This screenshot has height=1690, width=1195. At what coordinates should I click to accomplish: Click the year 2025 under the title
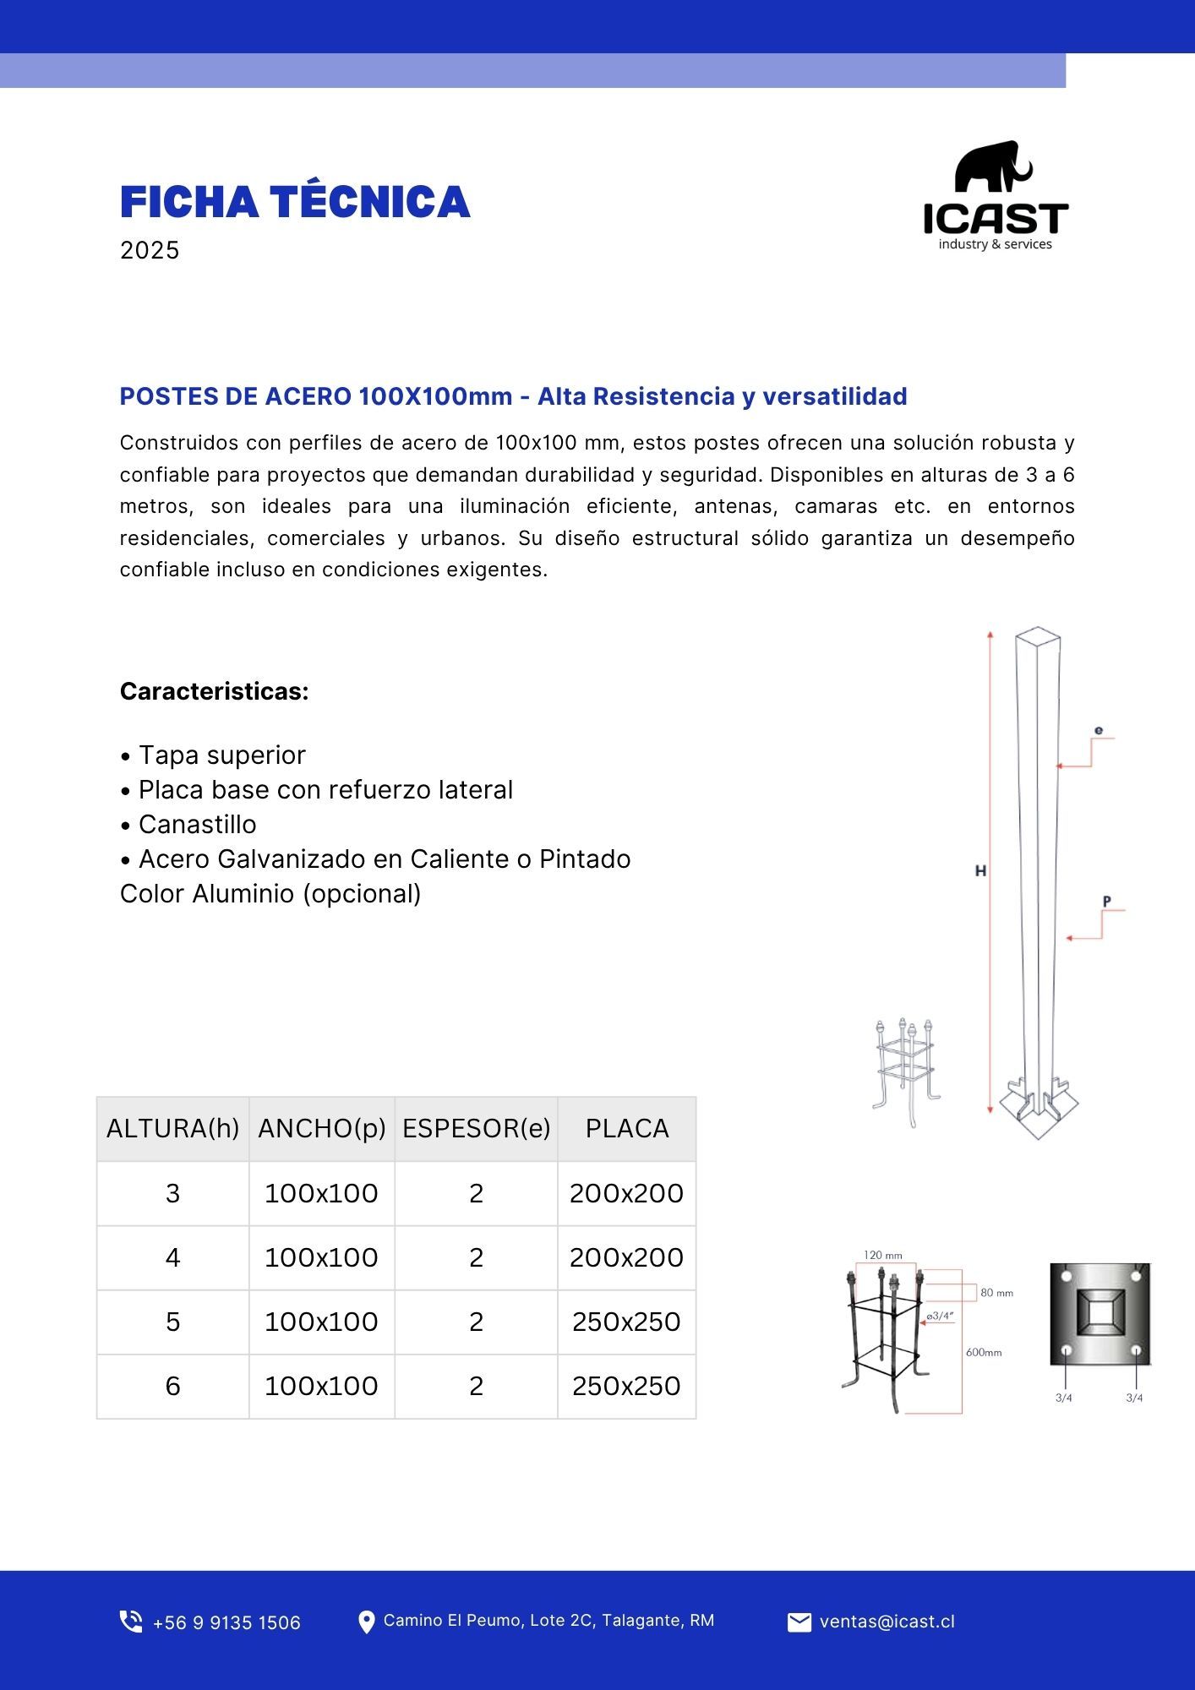[150, 250]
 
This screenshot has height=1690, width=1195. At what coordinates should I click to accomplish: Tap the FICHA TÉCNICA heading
[294, 202]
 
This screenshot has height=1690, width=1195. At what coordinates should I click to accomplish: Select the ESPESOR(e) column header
[476, 1128]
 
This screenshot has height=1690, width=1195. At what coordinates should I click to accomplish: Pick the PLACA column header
[627, 1128]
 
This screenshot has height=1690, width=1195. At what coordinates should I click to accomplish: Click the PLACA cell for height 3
[626, 1193]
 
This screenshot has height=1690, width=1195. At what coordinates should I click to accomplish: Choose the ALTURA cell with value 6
[172, 1386]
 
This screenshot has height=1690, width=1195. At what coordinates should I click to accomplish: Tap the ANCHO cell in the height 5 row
[321, 1322]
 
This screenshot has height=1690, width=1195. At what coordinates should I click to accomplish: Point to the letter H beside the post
[980, 870]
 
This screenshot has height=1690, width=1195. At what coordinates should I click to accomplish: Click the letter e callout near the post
[1098, 730]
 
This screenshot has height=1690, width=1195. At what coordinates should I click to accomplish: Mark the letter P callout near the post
[1106, 902]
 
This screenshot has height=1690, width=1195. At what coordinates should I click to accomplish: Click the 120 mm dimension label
[882, 1256]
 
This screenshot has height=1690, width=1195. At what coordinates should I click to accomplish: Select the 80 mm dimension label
[996, 1293]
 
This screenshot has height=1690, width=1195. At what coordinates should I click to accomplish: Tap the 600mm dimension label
[984, 1353]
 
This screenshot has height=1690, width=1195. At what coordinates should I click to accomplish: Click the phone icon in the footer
[131, 1622]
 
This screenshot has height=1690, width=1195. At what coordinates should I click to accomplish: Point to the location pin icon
[366, 1622]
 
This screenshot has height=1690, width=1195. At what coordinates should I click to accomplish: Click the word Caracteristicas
[214, 691]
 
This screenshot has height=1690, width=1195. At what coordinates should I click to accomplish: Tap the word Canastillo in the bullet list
[197, 824]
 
